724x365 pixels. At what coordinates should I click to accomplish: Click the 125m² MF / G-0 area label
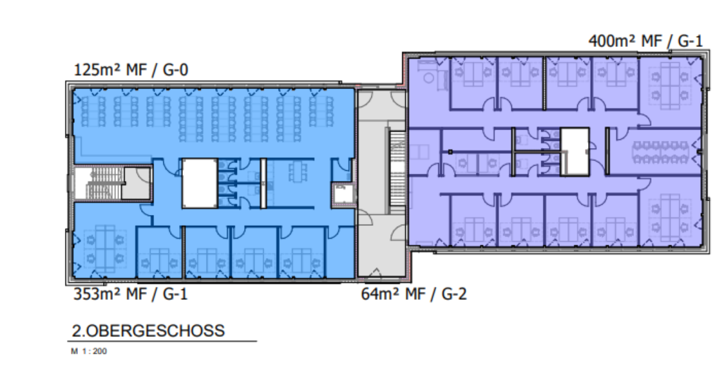click(131, 70)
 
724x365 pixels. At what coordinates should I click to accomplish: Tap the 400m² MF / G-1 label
click(646, 41)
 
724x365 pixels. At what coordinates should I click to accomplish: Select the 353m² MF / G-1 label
click(130, 294)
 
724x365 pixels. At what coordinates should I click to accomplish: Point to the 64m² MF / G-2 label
click(414, 294)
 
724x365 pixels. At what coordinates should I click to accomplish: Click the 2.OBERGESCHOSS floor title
click(148, 331)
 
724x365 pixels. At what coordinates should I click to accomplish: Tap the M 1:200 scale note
click(89, 351)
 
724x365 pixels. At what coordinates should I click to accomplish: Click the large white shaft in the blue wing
click(200, 183)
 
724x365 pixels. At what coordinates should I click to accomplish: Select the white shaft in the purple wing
click(574, 152)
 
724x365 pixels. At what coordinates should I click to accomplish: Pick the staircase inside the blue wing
click(99, 183)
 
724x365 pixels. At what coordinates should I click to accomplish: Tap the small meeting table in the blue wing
click(297, 172)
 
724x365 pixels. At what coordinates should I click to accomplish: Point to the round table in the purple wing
click(429, 78)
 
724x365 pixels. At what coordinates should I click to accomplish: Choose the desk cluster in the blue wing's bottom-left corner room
click(105, 249)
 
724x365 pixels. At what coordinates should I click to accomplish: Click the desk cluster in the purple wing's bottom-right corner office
click(670, 218)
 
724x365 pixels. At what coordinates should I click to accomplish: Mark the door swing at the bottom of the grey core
click(375, 273)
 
